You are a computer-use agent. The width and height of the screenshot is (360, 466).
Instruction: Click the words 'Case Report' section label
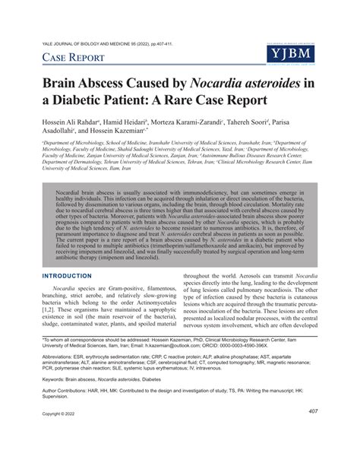point(77,59)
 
